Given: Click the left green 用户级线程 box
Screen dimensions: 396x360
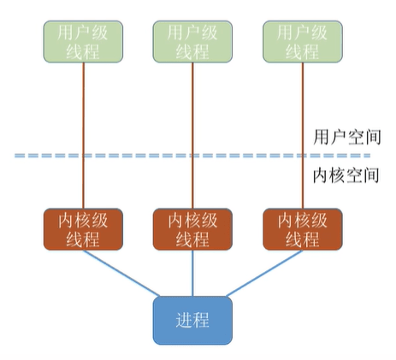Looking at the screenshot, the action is pos(83,42).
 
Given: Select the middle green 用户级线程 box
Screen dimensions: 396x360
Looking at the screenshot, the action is pos(192,42).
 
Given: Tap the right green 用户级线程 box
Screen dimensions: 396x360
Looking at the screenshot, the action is pos(303,42).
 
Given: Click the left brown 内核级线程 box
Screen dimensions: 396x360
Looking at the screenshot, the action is pos(83,229).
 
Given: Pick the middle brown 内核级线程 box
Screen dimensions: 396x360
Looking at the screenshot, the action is pos(192,229).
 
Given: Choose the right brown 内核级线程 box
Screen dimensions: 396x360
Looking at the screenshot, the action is pos(303,229).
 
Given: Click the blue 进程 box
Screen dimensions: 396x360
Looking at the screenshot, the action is pos(192,321).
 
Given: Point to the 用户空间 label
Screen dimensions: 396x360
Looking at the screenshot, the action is pos(347,137).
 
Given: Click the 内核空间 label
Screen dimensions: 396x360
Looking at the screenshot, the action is pos(346,174).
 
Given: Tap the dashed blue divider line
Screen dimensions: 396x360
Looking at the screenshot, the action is pos(192,156).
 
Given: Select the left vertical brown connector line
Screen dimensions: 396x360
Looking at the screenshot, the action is pos(84,135).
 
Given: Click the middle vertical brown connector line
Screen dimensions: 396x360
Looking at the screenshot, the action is pos(192,135).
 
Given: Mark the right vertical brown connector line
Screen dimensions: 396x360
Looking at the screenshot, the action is pos(303,135).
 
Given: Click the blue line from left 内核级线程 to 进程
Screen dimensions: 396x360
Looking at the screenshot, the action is pos(121,274).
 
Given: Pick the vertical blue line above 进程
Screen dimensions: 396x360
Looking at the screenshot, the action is pos(192,274).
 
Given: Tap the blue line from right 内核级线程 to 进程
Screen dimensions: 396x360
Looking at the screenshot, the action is pos(264,274).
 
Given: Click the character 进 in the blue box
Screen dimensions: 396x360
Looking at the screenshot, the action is pos(184,320).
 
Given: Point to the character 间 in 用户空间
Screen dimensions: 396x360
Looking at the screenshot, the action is pos(373,137).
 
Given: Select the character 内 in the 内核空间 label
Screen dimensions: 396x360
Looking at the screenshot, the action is pos(322,175).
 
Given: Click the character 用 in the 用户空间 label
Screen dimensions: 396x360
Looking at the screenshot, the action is pos(322,137).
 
